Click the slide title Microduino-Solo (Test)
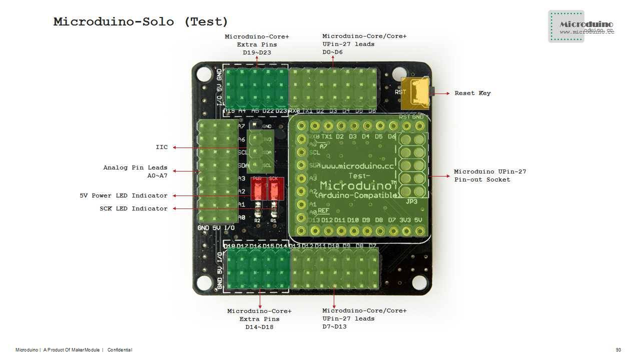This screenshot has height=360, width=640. (141, 22)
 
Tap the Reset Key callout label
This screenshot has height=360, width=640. (472, 93)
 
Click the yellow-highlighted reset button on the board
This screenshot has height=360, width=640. (416, 92)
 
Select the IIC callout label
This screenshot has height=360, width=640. (162, 147)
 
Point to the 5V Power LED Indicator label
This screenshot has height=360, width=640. (124, 195)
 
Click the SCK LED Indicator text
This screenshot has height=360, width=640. (134, 208)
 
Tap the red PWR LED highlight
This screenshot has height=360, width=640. (257, 188)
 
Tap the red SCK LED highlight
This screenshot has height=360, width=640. (274, 188)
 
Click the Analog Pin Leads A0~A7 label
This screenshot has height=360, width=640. (135, 171)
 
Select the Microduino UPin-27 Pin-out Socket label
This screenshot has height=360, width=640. (490, 175)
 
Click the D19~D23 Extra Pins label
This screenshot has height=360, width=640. (257, 44)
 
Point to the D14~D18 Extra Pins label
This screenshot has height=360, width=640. (259, 319)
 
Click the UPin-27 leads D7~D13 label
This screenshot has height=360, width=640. (364, 318)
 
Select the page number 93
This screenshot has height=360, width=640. (618, 350)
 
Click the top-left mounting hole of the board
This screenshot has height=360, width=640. (204, 74)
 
